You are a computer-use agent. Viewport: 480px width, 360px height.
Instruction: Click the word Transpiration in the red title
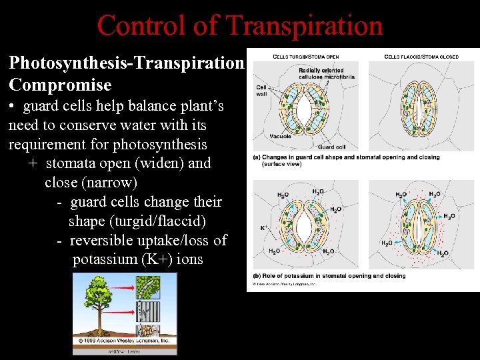coord(305,26)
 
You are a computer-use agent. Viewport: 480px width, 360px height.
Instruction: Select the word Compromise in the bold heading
coord(60,85)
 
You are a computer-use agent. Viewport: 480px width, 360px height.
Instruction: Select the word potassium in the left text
coord(107,259)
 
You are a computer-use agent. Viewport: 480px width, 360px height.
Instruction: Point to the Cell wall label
coord(261,91)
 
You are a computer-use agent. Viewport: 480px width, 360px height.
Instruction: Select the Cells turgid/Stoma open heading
coord(307,57)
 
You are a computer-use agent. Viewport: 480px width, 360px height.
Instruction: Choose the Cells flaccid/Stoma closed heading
coord(421,57)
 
